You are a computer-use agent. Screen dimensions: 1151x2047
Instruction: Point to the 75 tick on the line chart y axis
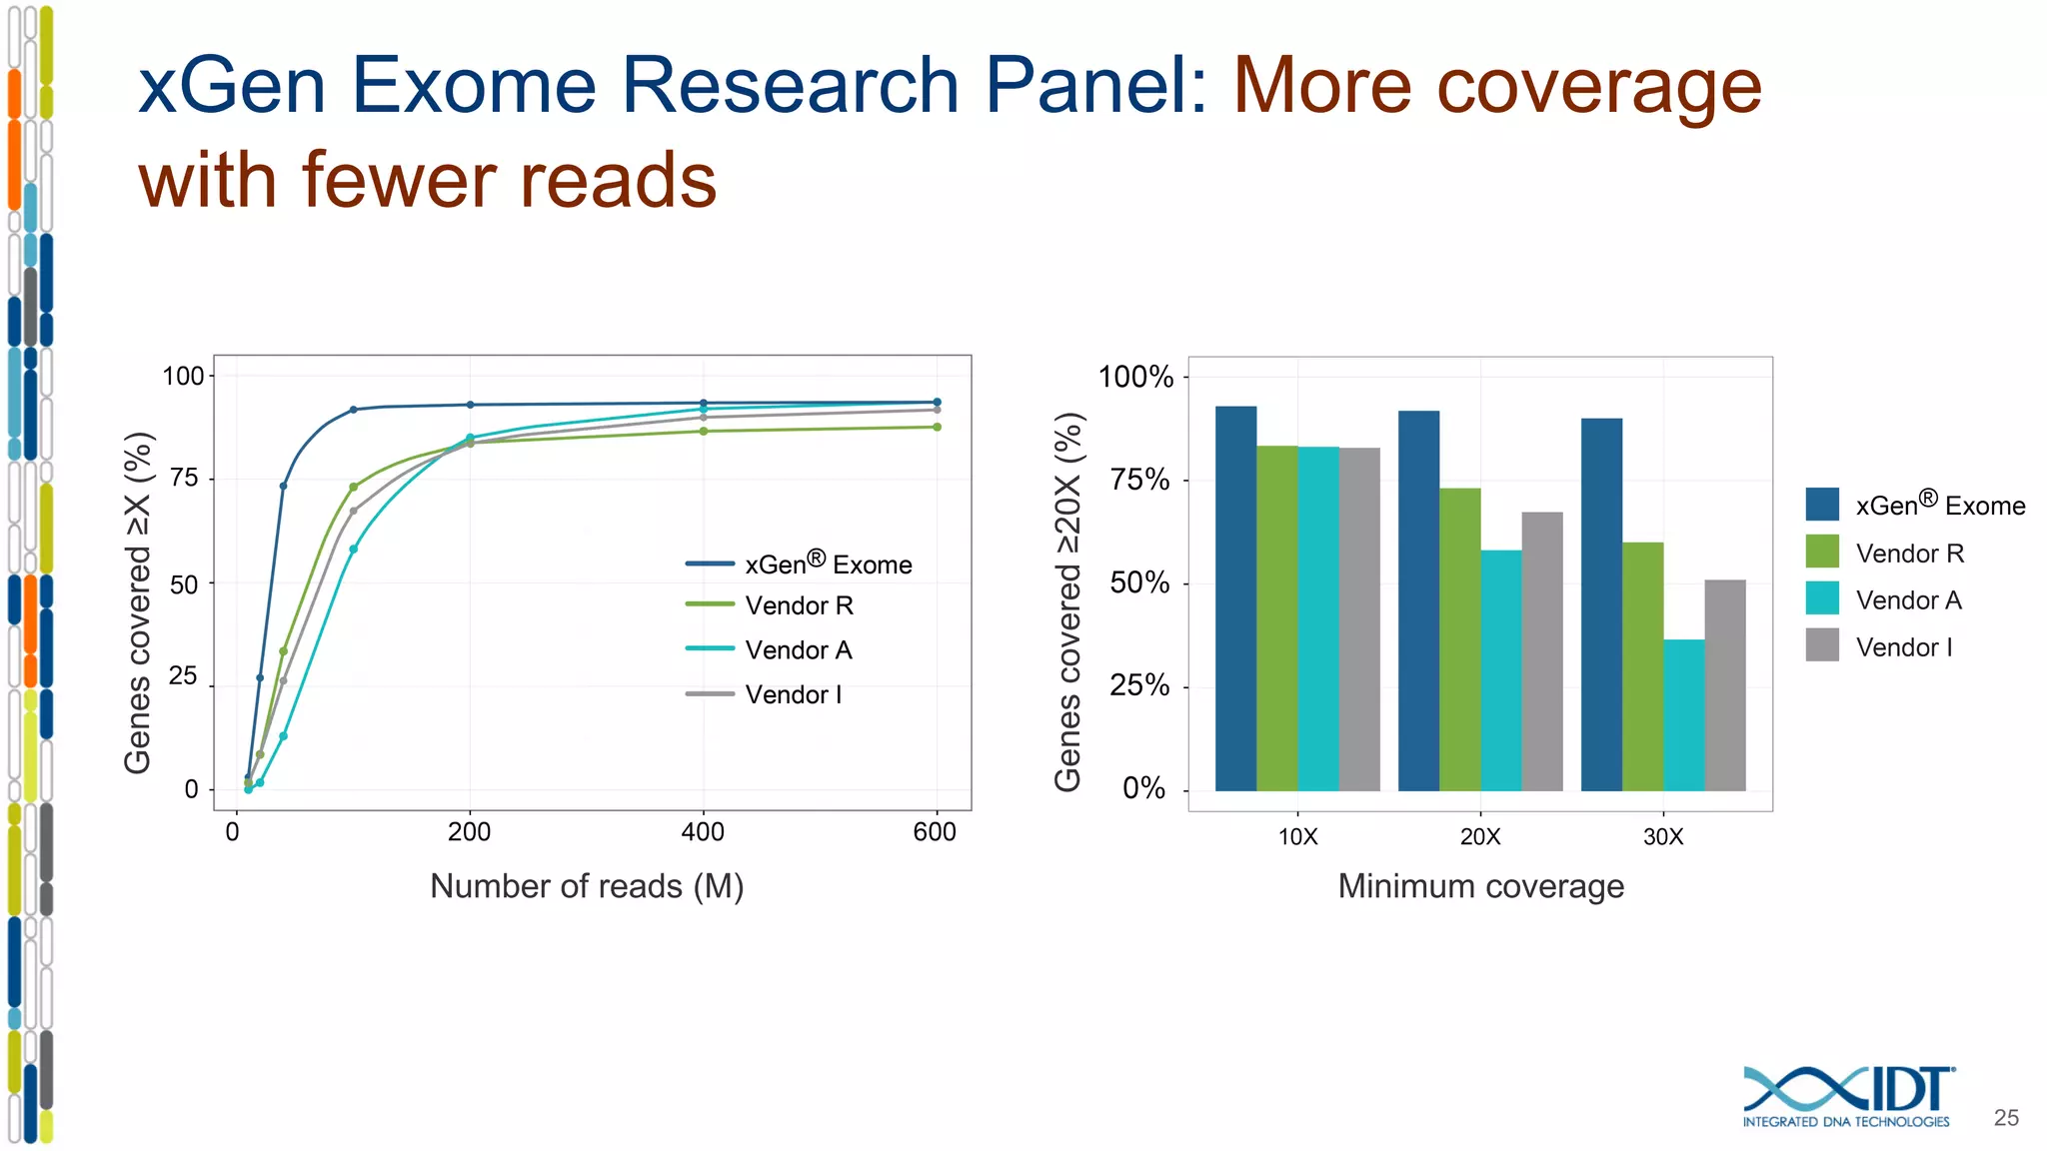coord(184,479)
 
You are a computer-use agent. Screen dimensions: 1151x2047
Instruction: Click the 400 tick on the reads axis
coord(702,831)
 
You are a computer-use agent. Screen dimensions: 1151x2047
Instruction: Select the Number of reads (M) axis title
coord(587,886)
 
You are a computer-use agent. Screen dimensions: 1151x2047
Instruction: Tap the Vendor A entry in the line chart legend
coord(798,650)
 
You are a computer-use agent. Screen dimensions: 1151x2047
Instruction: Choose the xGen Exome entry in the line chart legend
coord(828,565)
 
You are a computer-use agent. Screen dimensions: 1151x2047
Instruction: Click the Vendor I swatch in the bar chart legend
coord(1822,645)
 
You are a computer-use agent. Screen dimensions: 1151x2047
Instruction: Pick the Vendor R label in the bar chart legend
coord(1909,554)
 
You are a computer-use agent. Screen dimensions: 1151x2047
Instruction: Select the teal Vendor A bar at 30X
coord(1684,714)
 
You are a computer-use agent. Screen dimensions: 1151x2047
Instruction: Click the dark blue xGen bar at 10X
coord(1235,599)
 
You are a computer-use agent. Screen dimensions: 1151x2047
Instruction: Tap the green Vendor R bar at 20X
coord(1459,639)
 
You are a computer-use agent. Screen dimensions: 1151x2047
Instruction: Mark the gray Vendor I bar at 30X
coord(1724,684)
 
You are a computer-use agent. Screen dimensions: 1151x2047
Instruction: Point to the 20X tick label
coord(1480,836)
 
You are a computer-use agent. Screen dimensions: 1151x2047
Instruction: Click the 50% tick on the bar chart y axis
coord(1139,582)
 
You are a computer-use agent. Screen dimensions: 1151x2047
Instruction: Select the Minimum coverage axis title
coord(1480,886)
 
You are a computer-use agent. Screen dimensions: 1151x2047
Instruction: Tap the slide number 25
coord(2006,1118)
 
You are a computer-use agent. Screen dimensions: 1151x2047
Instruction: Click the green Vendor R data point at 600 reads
coord(937,427)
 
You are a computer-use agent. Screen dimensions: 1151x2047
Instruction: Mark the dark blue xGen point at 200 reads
coord(470,405)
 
